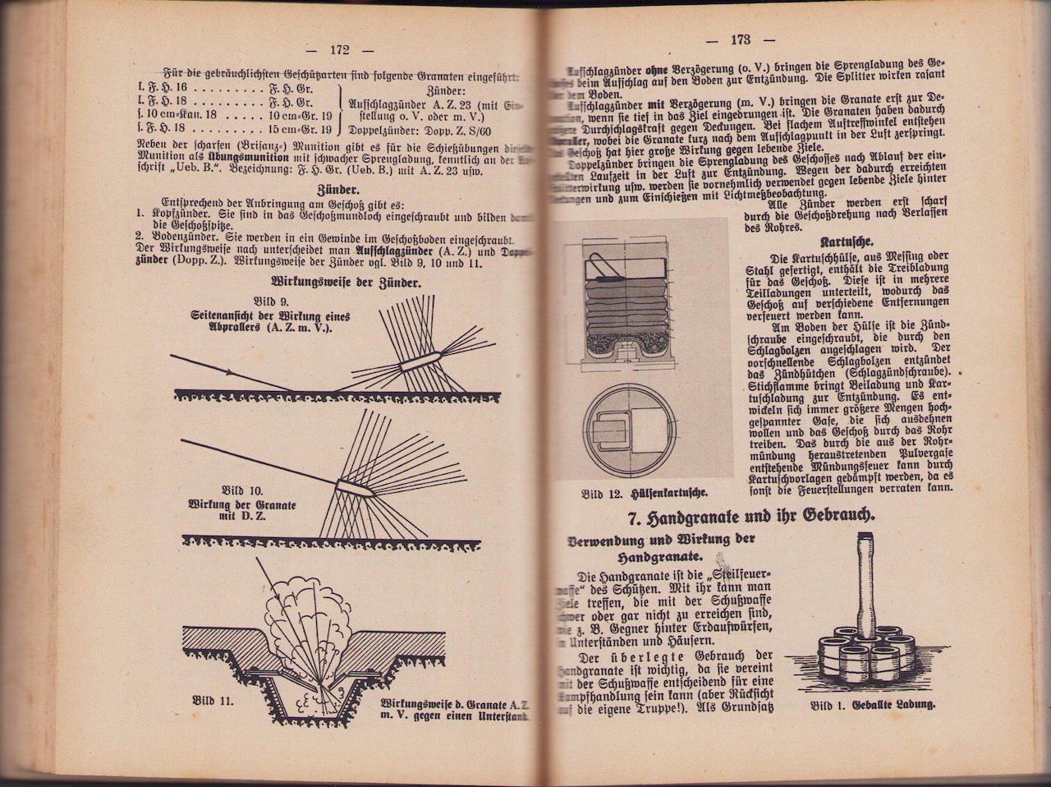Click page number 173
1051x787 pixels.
coord(740,39)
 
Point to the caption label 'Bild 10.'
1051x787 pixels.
coord(244,490)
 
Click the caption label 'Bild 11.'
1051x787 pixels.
coord(214,701)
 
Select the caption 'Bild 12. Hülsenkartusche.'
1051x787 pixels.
coord(645,494)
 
